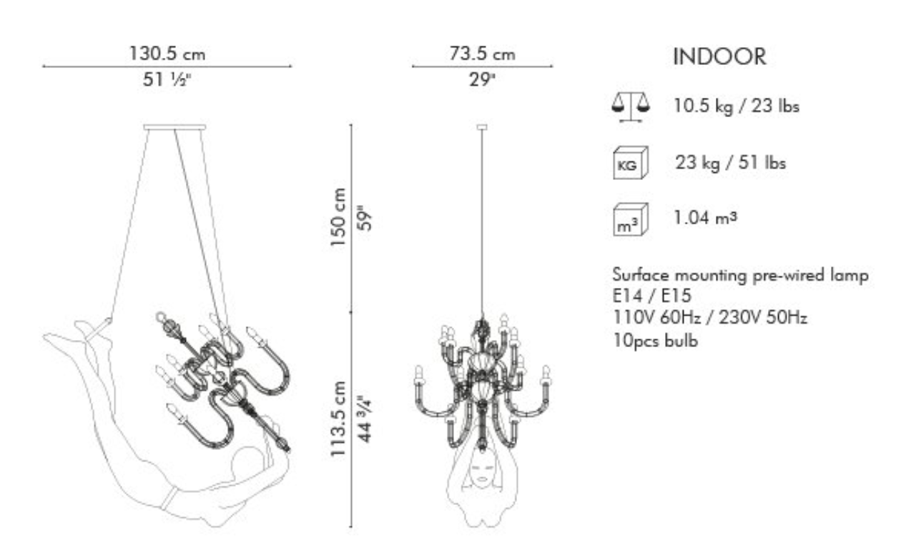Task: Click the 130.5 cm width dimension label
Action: pos(167,54)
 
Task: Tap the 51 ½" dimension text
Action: pos(166,79)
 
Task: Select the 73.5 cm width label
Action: pos(482,54)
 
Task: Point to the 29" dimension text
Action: pos(482,79)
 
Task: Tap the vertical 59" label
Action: pos(365,218)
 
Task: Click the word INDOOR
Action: pos(719,56)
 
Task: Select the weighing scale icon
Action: pos(630,106)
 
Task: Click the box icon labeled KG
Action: pos(630,163)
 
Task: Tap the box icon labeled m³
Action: pos(630,219)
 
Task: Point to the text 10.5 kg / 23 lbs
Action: pos(736,106)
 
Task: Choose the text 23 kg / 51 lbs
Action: pos(730,163)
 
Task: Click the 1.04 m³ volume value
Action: pos(705,218)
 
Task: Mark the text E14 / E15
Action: pos(651,296)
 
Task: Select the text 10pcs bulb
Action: pos(655,341)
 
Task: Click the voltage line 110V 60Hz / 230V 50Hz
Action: pos(710,318)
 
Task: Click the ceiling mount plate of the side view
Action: pos(175,127)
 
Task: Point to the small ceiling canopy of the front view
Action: pos(482,127)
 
